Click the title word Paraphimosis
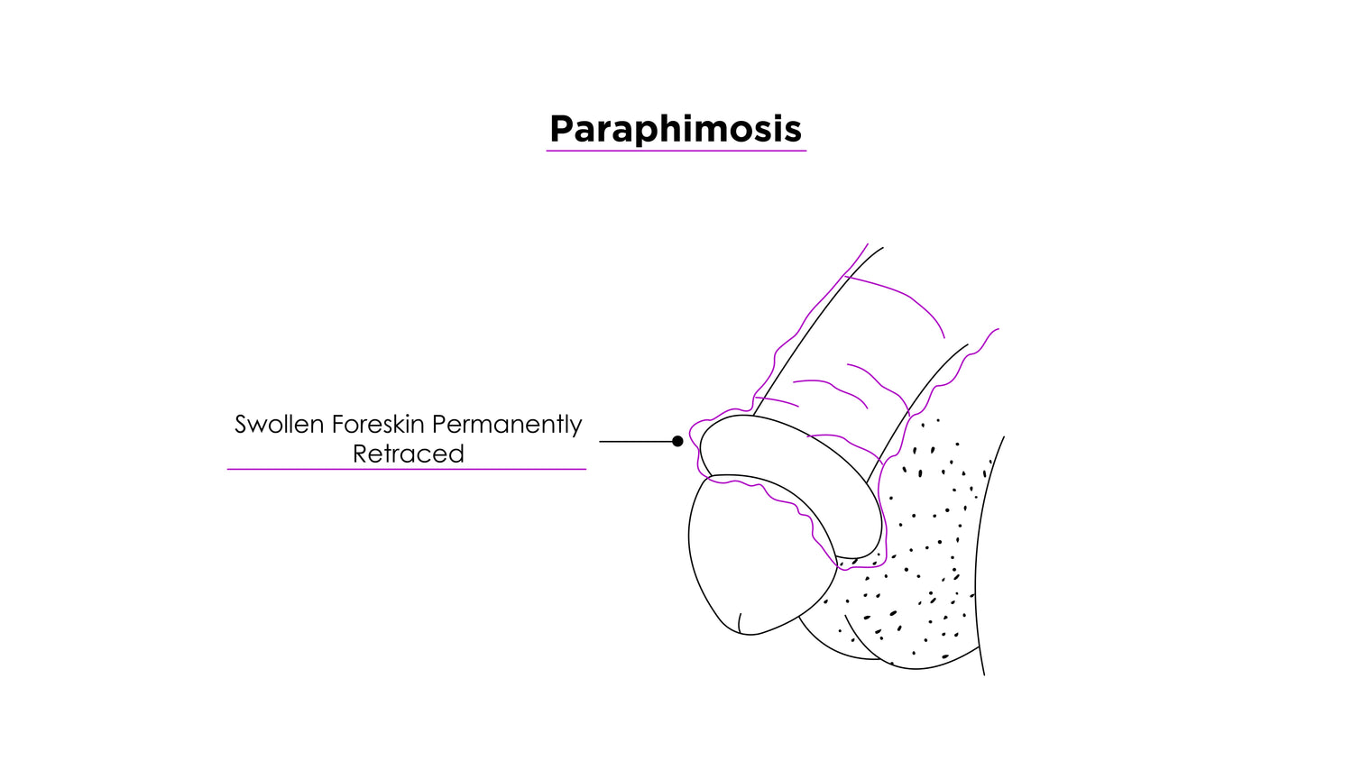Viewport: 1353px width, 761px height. (x=675, y=129)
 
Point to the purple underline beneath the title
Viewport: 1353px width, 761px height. (x=676, y=151)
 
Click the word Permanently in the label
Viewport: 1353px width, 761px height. (x=507, y=425)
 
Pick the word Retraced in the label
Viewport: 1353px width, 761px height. (x=408, y=454)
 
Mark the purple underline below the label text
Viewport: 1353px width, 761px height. (x=406, y=469)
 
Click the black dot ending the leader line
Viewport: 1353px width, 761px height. (x=677, y=441)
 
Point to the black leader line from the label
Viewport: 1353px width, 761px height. (x=636, y=441)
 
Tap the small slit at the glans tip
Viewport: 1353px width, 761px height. (x=740, y=622)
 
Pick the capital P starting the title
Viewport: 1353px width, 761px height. (x=561, y=129)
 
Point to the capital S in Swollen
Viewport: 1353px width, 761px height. (x=242, y=425)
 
